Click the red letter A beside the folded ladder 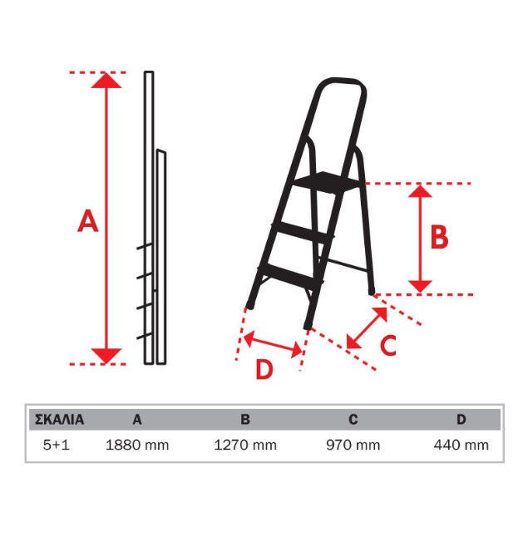click(x=87, y=221)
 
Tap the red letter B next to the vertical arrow click(x=439, y=237)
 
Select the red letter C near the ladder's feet click(x=388, y=345)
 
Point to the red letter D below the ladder click(x=264, y=369)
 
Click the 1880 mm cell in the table click(x=137, y=446)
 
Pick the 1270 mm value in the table click(x=245, y=446)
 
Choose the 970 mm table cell click(x=353, y=446)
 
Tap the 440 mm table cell click(x=461, y=446)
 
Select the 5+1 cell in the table click(x=57, y=446)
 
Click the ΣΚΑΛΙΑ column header click(x=59, y=420)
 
